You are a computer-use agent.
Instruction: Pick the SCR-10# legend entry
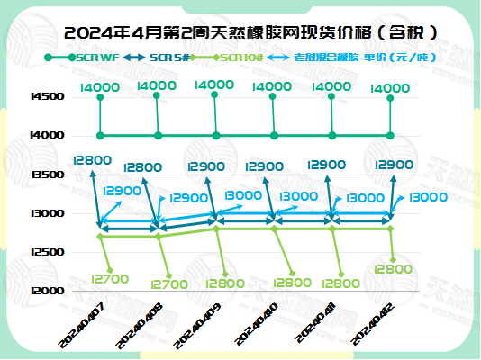pyautogui.click(x=241, y=58)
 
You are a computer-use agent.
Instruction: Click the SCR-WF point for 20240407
pyautogui.click(x=100, y=136)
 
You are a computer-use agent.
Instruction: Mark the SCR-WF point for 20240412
pyautogui.click(x=390, y=136)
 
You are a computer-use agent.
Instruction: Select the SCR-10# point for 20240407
pyautogui.click(x=100, y=237)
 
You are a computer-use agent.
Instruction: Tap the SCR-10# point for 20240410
pyautogui.click(x=275, y=229)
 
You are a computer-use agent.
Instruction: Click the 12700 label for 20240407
pyautogui.click(x=112, y=279)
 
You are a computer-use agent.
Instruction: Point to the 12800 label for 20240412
pyautogui.click(x=394, y=268)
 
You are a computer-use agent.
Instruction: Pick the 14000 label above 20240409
pyautogui.click(x=213, y=85)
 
